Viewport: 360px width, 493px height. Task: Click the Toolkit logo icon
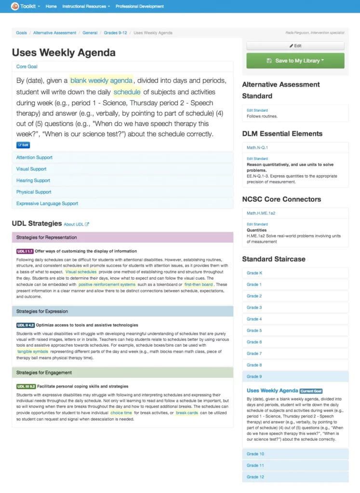click(15, 6)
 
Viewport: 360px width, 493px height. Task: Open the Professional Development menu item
click(140, 6)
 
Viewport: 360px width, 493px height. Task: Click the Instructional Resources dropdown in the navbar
click(86, 6)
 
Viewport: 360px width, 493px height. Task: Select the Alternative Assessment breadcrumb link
click(55, 33)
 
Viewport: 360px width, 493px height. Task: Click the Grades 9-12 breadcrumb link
click(116, 33)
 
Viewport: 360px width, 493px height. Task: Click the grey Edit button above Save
click(295, 46)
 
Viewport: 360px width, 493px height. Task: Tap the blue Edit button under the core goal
click(23, 145)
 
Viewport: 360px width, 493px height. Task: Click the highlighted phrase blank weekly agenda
click(101, 80)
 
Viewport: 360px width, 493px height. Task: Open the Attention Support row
click(34, 157)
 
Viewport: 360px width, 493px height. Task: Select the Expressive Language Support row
click(47, 204)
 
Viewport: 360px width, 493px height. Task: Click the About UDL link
click(76, 224)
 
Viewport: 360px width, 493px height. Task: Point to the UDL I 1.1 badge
click(25, 251)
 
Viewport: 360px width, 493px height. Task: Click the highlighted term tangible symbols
click(33, 351)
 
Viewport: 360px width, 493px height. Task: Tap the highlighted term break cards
click(187, 413)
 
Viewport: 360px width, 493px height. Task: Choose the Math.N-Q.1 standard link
click(257, 147)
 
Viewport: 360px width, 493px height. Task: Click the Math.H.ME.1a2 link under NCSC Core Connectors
click(261, 213)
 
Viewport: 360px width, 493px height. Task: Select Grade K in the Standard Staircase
click(254, 273)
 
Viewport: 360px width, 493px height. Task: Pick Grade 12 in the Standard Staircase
click(255, 477)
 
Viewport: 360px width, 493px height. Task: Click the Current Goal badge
click(311, 391)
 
